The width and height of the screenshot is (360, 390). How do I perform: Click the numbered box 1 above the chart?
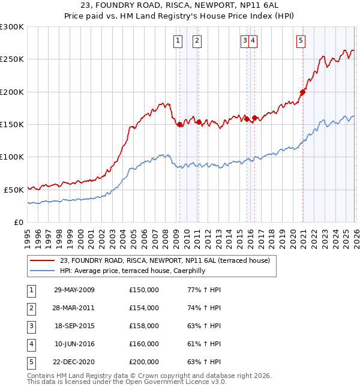178,41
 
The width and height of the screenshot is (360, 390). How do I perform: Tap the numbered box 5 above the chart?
301,41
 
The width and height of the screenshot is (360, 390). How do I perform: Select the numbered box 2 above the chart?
197,41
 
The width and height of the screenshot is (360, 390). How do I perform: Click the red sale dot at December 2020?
303,92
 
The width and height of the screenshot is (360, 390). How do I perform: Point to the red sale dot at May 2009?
179,124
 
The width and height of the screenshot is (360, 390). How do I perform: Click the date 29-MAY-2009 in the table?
74,290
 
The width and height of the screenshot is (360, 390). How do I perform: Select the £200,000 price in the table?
144,362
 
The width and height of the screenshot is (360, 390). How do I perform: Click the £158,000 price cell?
144,326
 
